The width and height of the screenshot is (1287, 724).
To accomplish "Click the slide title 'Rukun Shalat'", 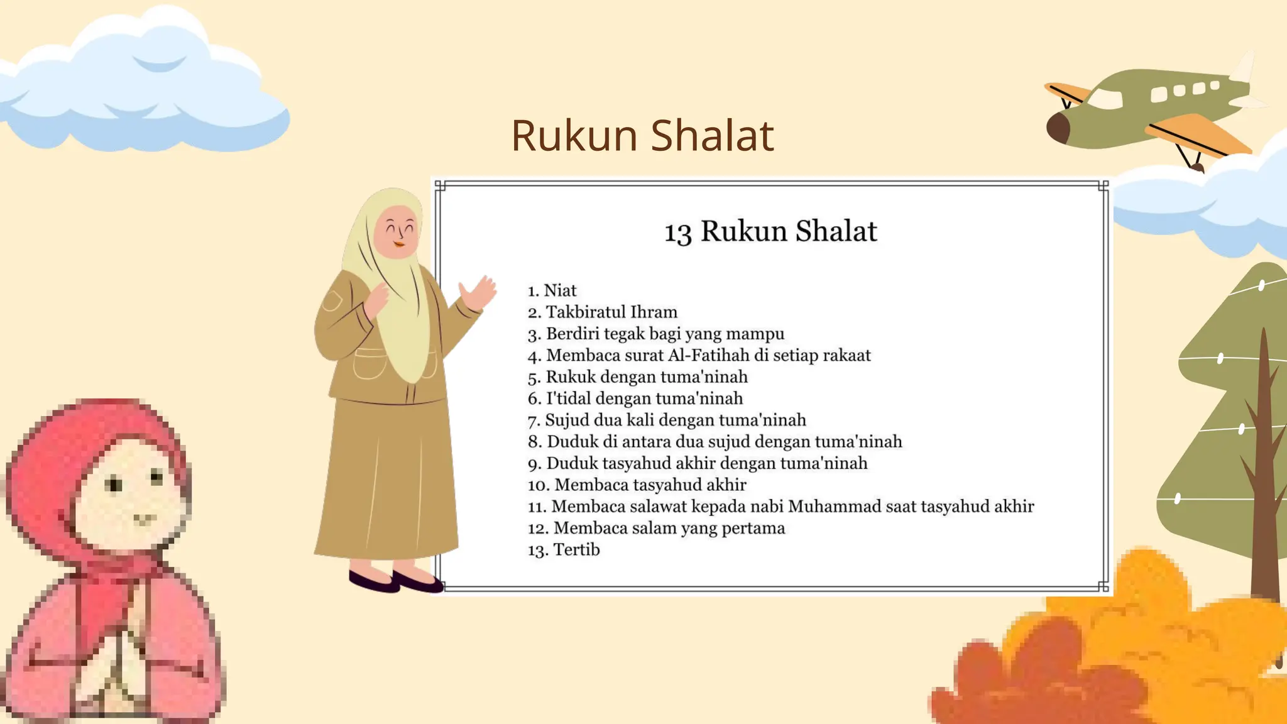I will [642, 136].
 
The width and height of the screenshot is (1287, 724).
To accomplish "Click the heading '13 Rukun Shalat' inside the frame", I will [770, 231].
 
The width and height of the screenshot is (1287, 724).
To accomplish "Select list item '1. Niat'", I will [552, 290].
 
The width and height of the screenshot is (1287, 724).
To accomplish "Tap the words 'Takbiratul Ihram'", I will [611, 312].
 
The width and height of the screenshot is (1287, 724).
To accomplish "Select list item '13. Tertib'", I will [564, 550].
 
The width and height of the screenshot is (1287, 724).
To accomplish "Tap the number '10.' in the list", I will [539, 485].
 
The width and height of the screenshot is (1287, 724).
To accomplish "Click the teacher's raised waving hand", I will [479, 293].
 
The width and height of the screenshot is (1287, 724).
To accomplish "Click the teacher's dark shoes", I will [396, 582].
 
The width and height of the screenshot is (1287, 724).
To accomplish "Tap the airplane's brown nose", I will [1058, 128].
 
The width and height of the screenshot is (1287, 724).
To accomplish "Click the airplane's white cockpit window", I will [1106, 99].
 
